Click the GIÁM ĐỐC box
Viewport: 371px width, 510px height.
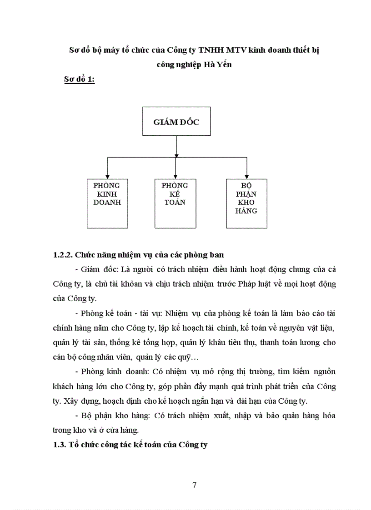pos(176,121)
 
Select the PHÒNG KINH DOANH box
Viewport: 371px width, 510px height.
pos(107,203)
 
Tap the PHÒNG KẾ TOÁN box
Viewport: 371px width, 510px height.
pos(175,203)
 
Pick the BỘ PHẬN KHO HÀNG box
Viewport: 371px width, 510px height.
pos(246,203)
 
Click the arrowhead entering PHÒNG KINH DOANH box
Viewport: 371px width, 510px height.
pos(107,176)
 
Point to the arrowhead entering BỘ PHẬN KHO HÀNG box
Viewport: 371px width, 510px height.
pos(246,176)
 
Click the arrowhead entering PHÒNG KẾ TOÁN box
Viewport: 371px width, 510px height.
pos(175,176)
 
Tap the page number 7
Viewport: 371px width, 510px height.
pos(195,485)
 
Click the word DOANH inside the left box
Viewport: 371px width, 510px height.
pos(107,203)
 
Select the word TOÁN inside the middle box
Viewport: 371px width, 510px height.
pos(175,203)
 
